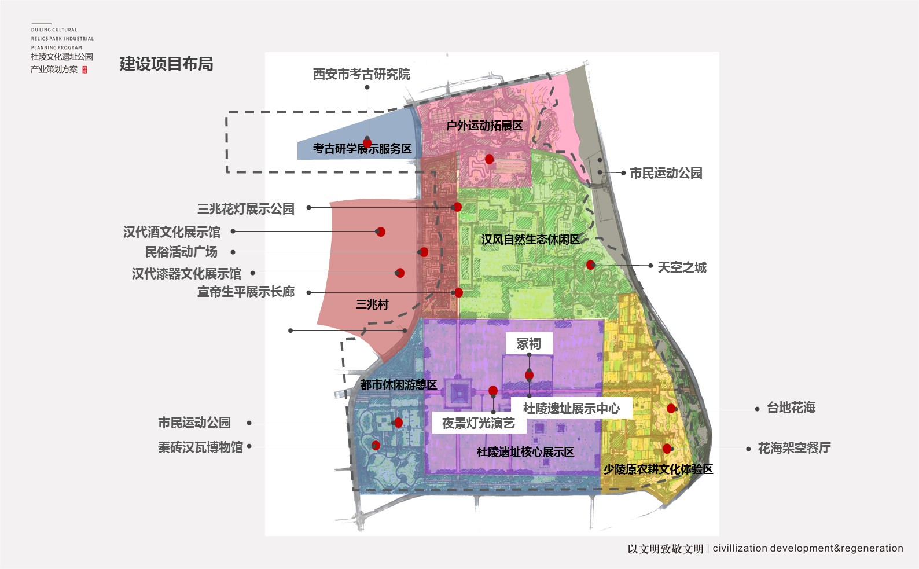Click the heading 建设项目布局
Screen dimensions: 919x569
(x=166, y=64)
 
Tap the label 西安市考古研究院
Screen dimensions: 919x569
(x=362, y=74)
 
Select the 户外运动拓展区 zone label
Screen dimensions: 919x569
(x=484, y=126)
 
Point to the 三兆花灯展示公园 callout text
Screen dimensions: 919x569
(x=246, y=209)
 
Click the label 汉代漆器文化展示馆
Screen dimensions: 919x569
(x=187, y=274)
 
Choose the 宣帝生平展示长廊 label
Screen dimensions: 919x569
(x=246, y=292)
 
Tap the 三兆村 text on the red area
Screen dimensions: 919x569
(x=372, y=304)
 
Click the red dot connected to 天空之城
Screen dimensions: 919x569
(x=590, y=265)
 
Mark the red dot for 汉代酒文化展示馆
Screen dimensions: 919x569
(x=381, y=232)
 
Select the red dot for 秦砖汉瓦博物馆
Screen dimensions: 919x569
(x=376, y=445)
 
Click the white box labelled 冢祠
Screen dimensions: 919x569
(x=529, y=343)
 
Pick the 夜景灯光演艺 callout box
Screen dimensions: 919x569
(x=479, y=423)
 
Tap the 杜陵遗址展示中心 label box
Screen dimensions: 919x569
(x=571, y=408)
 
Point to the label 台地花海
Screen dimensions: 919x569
(x=791, y=408)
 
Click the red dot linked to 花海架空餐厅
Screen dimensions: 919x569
(x=667, y=449)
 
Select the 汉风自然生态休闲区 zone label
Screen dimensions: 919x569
(x=531, y=240)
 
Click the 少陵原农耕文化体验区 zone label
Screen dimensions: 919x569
(x=658, y=469)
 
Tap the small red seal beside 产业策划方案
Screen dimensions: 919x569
(x=85, y=69)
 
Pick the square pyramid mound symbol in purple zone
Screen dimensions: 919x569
(x=459, y=394)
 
